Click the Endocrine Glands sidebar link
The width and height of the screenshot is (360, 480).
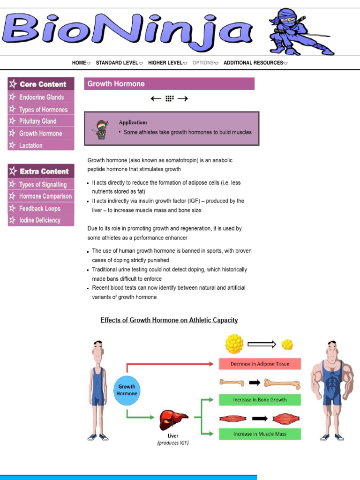[41, 97]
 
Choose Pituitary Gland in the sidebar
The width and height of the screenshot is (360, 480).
[37, 121]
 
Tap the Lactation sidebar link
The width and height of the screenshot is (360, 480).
[31, 146]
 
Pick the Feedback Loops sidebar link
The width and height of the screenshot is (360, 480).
[40, 209]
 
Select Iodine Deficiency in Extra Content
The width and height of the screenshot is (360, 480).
[40, 220]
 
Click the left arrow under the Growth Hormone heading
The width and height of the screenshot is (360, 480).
[156, 98]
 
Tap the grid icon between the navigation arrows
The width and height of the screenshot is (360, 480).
[170, 98]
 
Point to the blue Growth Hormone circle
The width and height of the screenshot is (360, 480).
[127, 390]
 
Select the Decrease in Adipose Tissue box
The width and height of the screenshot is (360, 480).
[260, 364]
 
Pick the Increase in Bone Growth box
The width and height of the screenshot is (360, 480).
[260, 400]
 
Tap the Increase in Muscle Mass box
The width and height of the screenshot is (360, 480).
[260, 434]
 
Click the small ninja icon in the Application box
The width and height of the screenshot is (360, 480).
[101, 129]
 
